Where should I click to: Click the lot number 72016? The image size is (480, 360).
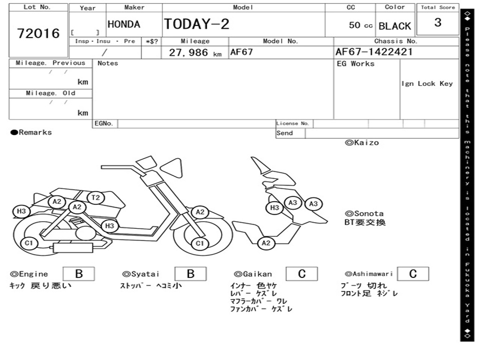coord(38,33)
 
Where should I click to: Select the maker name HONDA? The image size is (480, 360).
coord(124,24)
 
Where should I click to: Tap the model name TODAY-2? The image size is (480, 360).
coord(196,24)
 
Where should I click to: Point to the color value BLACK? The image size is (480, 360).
coord(395,26)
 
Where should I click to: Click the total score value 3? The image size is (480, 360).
coord(437,22)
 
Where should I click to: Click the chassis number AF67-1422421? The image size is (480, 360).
coord(374,52)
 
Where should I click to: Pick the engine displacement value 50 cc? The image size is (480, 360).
coord(360,25)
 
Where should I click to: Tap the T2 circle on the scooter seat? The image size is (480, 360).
coord(96,198)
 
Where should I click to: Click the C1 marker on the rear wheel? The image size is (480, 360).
coord(29,243)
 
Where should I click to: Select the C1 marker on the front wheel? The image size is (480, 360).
coord(200,243)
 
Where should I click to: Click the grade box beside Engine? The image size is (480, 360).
coord(79,274)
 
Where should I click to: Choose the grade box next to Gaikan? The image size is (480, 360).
coord(301,274)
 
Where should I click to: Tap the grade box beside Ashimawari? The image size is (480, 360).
coord(412,274)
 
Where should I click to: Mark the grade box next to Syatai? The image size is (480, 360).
coord(190,274)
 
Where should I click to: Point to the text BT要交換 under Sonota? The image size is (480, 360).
coord(365,222)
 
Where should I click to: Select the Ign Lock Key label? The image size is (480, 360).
coord(427,83)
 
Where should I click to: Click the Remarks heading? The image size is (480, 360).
coord(31,132)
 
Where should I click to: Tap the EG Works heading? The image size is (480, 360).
coord(355,64)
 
